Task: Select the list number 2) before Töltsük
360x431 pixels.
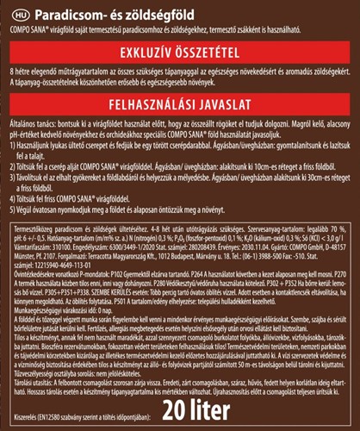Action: coord(11,165)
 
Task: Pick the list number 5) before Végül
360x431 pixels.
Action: coord(11,209)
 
